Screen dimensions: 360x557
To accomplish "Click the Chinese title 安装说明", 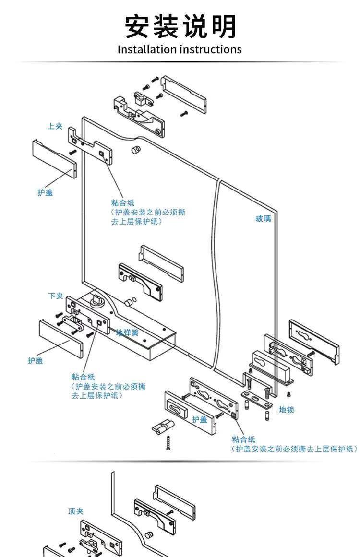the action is tap(180, 26).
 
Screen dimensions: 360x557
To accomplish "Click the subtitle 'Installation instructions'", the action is tap(180, 49).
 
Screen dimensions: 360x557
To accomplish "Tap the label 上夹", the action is tap(55, 126).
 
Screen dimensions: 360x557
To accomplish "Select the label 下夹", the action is tap(55, 296).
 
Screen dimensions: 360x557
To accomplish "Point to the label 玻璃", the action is tap(264, 218).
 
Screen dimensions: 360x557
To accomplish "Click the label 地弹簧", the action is tap(127, 333).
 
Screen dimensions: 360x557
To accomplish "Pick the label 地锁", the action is tap(287, 410).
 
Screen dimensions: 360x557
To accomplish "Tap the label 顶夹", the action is tap(76, 511).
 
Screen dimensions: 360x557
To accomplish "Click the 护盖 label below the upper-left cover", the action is tap(45, 192).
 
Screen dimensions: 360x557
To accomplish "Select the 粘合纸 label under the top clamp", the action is tap(123, 203).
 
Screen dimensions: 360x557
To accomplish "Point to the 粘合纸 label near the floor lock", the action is tap(243, 439).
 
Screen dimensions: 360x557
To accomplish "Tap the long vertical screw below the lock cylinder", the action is tap(168, 443).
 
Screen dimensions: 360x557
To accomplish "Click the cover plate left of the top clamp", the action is tap(54, 159).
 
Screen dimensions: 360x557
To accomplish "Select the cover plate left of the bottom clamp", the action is tap(60, 338).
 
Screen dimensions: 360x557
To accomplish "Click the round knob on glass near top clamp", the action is tap(136, 150).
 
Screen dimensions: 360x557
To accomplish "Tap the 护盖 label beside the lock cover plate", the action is tap(199, 419).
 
